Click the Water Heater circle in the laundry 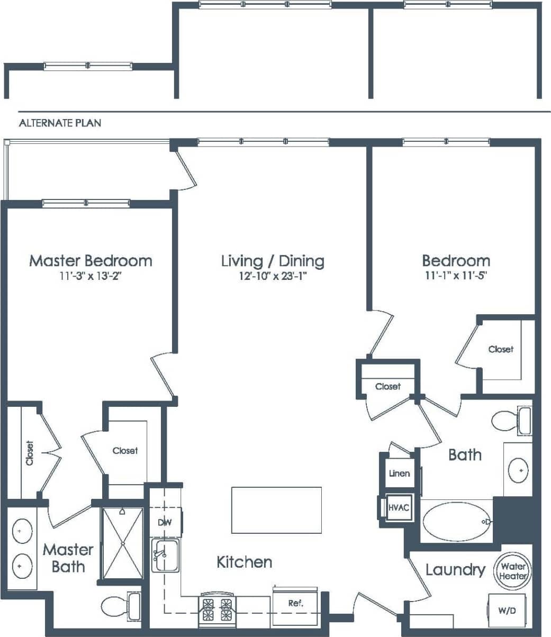point(513,571)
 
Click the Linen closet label point(399,473)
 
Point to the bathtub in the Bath point(457,522)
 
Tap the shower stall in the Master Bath point(122,543)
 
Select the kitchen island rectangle point(276,510)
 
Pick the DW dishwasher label point(165,522)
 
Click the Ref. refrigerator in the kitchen point(295,603)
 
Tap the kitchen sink point(166,556)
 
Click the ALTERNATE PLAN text point(60,123)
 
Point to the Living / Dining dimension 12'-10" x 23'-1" point(273,275)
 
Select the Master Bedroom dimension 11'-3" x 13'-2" point(91,275)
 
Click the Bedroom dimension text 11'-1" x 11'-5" point(456,275)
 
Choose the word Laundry point(455,570)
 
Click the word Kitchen point(245,562)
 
